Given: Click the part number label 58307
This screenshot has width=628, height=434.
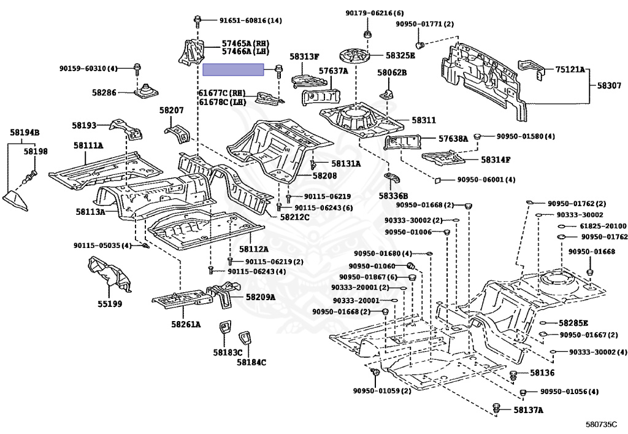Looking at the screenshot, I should click(610, 87).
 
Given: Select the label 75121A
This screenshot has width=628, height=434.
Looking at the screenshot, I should click(570, 70).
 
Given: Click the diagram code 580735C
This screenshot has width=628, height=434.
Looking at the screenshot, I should click(600, 424).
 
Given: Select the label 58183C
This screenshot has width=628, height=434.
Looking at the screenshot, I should click(228, 352).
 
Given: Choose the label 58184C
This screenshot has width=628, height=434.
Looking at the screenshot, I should click(251, 362).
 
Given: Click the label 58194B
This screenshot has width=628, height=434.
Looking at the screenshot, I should click(25, 132).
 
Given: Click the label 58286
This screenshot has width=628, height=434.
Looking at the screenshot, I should click(104, 92).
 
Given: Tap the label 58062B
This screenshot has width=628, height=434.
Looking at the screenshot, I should click(392, 72).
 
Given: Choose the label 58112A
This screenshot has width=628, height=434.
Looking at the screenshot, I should click(254, 249).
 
